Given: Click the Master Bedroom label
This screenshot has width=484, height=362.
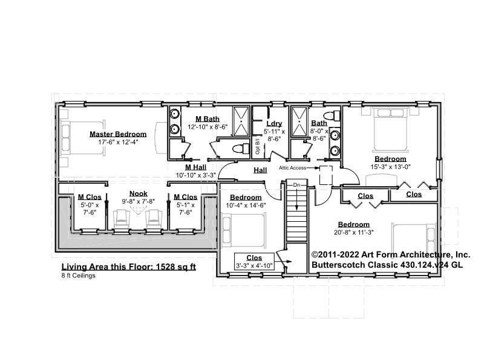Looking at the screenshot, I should (x=118, y=134).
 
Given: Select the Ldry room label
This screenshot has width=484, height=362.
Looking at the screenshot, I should (x=273, y=123).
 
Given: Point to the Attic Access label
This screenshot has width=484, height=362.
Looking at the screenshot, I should (x=292, y=167).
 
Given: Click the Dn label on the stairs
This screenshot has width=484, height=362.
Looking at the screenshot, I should (x=296, y=184).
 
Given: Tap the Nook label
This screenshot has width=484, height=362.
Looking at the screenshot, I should (x=138, y=193).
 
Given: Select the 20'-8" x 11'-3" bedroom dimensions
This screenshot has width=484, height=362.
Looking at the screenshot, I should (x=354, y=231).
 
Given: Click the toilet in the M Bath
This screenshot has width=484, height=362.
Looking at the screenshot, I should (x=239, y=148).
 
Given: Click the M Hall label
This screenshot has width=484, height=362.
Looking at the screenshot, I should (x=197, y=167).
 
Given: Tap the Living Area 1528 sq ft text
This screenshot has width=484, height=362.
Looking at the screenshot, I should (x=128, y=267).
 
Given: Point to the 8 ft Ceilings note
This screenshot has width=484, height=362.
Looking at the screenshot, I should (x=78, y=276).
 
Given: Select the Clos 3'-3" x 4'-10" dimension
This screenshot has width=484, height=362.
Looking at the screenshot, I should (x=255, y=265).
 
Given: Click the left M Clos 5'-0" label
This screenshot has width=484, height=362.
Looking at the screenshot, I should (x=89, y=196).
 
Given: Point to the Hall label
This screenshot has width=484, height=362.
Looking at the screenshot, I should (x=260, y=170).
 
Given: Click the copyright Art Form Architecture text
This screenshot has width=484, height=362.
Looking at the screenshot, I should (x=390, y=255).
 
